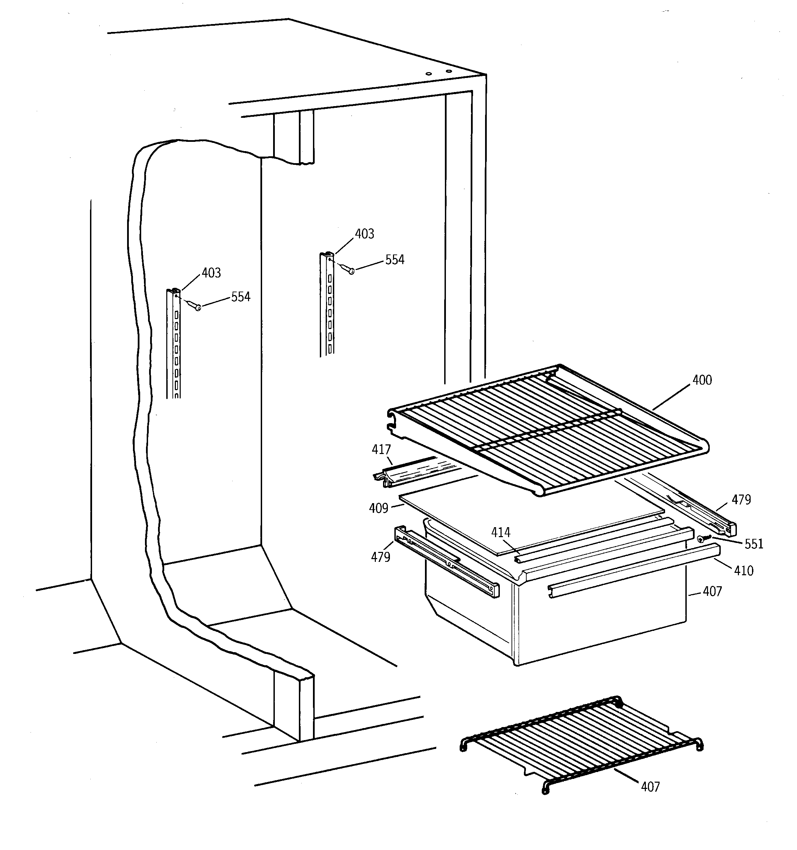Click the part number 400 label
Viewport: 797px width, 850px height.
[702, 380]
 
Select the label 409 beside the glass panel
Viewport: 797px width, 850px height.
[378, 508]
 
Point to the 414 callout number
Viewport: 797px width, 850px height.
[501, 532]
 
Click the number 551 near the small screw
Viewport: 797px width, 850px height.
[754, 544]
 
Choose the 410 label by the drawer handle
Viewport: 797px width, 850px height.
[743, 571]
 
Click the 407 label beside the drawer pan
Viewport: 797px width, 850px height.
[712, 592]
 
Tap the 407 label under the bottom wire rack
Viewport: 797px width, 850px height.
[650, 787]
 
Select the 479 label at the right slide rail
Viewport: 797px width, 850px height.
[741, 499]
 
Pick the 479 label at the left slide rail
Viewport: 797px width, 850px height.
[380, 557]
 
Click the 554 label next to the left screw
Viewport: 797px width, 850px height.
[240, 297]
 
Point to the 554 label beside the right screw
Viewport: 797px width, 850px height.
[394, 260]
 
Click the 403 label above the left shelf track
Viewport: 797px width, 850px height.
[211, 273]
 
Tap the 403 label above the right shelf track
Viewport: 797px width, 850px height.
[364, 234]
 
